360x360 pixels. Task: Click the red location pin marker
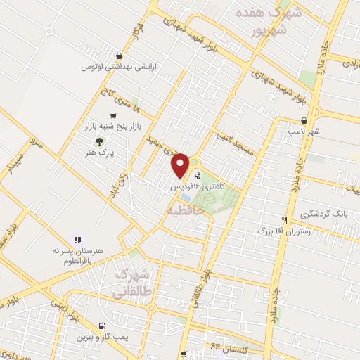click(x=181, y=165)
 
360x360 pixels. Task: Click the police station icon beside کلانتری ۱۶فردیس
click(x=198, y=176)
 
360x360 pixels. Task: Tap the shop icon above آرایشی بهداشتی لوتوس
click(x=122, y=56)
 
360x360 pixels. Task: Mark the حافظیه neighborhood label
click(x=186, y=210)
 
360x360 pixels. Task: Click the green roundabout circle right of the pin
click(x=193, y=162)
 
